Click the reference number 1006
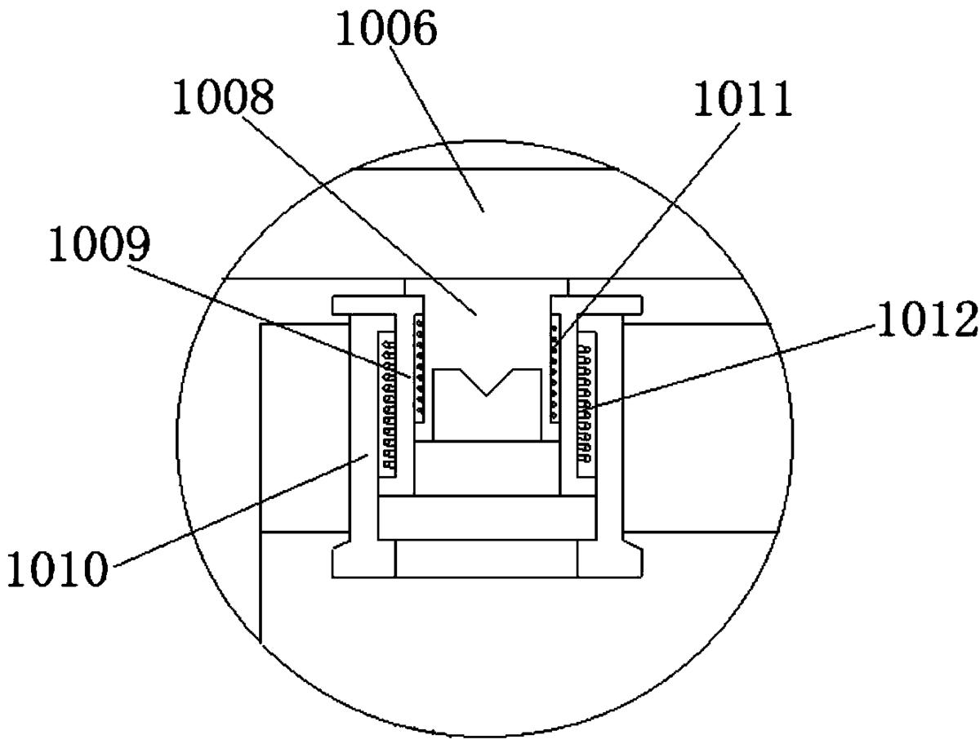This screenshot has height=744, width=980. pos(385,29)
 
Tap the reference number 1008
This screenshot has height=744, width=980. pos(223,96)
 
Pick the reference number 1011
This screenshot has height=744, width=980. pos(742,98)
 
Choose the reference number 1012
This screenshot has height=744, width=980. pos(927,319)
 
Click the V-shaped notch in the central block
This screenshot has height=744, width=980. pos(486,381)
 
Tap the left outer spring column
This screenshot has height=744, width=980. pos(386,405)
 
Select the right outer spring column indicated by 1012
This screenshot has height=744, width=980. pos(586,405)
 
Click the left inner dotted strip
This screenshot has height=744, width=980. pos(419,368)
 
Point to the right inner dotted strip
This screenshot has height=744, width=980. pos(554,368)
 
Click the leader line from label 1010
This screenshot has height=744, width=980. pos(242,510)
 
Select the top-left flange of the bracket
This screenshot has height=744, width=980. pos(378,305)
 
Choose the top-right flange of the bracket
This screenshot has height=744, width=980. pos(596,305)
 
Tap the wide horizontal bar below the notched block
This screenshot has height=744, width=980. pos(487,517)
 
